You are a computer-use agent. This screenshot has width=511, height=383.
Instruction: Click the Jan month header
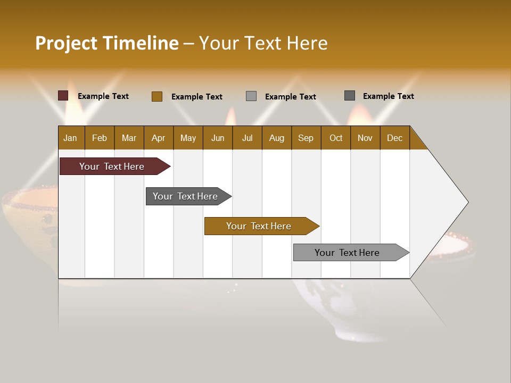click(x=71, y=138)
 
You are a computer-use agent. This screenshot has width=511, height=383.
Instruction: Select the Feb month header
click(x=100, y=138)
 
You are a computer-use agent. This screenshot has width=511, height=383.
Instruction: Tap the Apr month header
click(x=159, y=138)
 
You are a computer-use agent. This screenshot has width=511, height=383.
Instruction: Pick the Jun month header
click(x=218, y=138)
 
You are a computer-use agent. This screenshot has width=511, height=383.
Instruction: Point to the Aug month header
click(x=277, y=138)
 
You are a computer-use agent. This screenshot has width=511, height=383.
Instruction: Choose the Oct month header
click(x=336, y=138)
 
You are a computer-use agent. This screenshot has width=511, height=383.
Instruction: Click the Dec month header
click(x=395, y=138)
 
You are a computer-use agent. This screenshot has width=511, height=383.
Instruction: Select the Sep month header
click(x=306, y=138)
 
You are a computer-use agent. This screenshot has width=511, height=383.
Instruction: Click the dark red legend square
click(x=63, y=96)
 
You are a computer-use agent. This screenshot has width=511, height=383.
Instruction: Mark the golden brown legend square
click(x=157, y=96)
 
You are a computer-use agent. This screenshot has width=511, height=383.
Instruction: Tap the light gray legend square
click(x=251, y=96)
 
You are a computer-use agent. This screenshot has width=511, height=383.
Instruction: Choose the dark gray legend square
click(x=350, y=96)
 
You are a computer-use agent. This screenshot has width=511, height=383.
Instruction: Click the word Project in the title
click(x=66, y=44)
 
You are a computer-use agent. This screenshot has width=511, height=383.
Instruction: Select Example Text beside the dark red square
click(x=103, y=96)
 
